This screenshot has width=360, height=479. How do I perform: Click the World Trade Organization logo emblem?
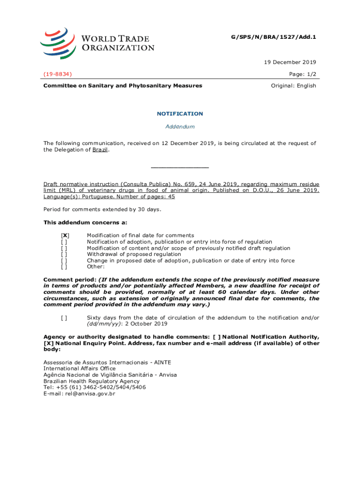[58, 42]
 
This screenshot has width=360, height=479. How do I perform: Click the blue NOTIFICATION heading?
[180, 114]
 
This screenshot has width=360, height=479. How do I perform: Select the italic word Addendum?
[180, 127]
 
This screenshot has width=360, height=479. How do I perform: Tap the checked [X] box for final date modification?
[65, 235]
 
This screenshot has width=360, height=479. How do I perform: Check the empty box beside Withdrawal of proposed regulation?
[64, 254]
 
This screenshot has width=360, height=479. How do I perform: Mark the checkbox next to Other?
[64, 267]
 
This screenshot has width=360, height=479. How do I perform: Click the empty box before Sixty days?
[64, 318]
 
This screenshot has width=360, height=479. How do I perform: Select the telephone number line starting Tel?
[95, 387]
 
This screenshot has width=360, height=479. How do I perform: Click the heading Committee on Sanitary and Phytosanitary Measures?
[123, 86]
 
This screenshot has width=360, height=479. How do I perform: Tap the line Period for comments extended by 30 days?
[102, 209]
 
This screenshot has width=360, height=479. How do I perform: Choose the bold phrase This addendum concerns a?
[86, 222]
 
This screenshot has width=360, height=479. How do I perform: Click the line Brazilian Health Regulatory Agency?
[91, 381]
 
